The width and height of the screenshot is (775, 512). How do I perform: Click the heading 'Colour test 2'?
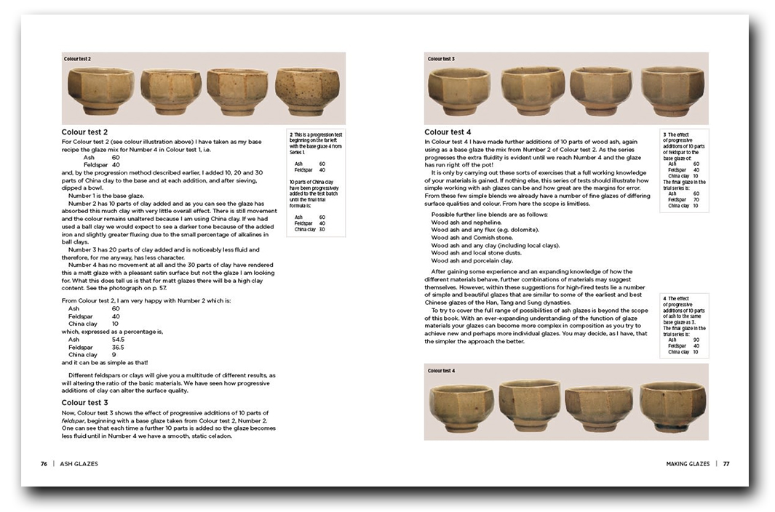pos(84,132)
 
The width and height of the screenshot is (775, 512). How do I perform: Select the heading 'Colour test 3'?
pos(84,402)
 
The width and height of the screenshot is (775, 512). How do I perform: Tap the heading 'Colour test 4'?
pos(448,132)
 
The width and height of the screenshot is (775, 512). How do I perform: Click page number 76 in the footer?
pos(44,463)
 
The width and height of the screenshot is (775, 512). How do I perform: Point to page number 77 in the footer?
pos(726,463)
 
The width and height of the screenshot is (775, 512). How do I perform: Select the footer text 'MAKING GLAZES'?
pos(688,463)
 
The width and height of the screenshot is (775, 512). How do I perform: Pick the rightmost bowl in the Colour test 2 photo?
pos(306,91)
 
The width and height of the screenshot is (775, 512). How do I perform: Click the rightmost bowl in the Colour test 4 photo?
pos(672,407)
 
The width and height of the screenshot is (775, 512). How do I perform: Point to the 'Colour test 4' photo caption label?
pos(441,371)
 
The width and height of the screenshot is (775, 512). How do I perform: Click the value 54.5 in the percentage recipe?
pos(117,339)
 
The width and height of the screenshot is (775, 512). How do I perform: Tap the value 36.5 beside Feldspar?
pos(117,347)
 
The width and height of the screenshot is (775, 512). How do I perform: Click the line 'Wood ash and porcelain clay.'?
pos(472,260)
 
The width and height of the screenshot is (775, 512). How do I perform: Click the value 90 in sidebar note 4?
pos(696,340)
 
